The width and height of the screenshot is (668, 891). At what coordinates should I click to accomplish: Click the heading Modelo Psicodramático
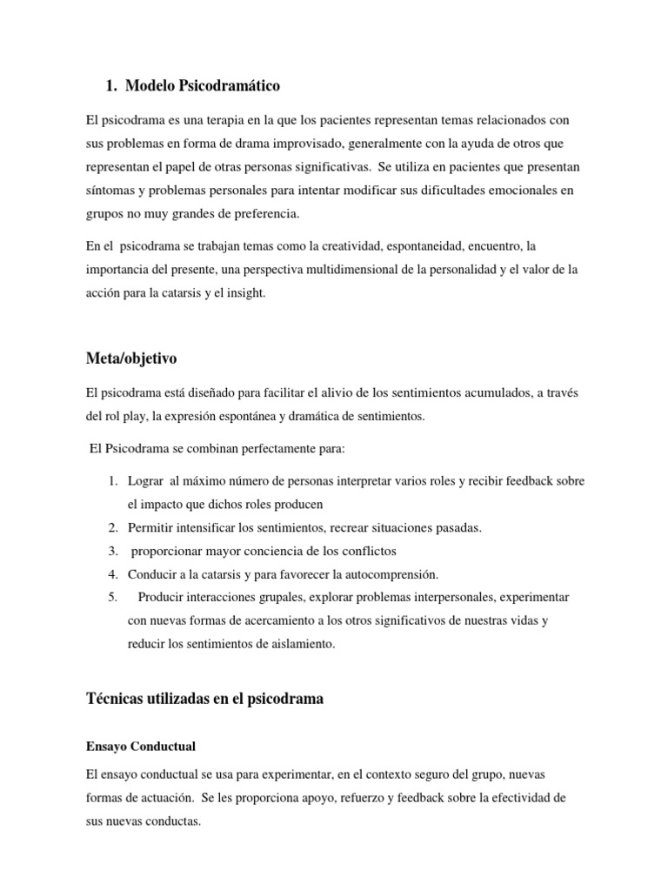(x=203, y=85)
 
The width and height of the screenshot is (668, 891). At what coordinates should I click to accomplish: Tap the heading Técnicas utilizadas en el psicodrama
(x=205, y=699)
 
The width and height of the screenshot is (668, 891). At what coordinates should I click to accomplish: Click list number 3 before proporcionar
(x=113, y=551)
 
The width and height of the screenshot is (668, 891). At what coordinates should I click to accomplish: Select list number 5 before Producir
(x=113, y=598)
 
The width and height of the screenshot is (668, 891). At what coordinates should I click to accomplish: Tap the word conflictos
(x=364, y=551)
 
